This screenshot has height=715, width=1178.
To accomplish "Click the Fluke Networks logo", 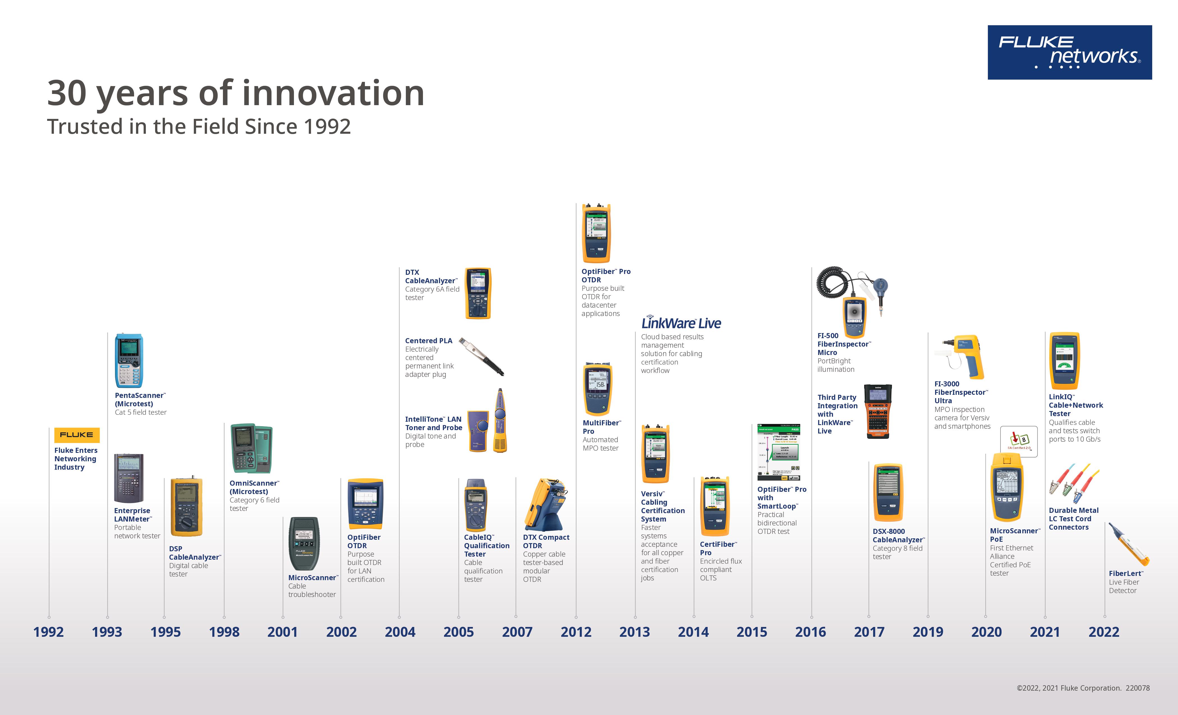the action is click(1069, 53).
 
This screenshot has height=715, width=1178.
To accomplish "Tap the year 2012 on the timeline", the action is click(576, 632).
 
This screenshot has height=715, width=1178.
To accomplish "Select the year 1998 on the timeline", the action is click(224, 632).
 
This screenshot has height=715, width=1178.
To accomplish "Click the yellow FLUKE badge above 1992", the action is click(77, 435).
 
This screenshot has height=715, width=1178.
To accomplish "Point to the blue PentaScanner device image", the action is click(129, 361).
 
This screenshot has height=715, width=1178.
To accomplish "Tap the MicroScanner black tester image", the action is click(304, 543).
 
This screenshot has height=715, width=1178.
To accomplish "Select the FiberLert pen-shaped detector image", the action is click(1129, 544).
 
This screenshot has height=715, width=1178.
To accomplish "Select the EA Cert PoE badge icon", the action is click(1019, 441).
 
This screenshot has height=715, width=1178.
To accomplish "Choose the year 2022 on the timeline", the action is click(1104, 632).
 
